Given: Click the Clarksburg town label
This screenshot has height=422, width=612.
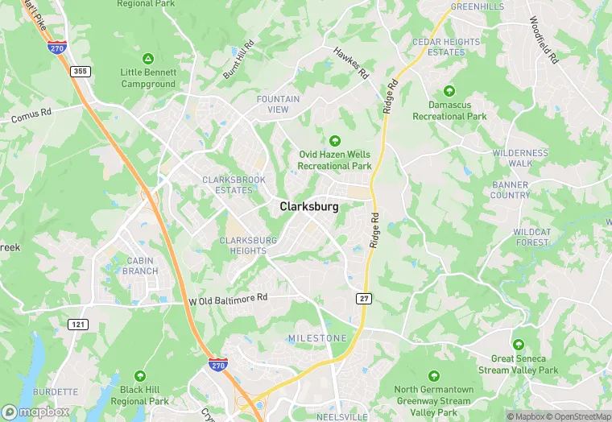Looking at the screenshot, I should [309, 207].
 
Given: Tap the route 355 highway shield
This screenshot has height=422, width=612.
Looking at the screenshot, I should [81, 72].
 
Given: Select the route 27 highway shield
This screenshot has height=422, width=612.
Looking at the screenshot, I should [363, 299].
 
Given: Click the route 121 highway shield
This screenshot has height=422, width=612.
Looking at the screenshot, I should [78, 325].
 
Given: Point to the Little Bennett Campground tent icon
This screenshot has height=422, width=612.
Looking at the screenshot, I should [148, 59].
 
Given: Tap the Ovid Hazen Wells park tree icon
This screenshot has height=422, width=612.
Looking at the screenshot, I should [335, 141].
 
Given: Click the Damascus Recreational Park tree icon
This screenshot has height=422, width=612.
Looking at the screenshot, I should [449, 91].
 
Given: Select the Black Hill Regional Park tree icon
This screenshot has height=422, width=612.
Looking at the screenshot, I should [140, 376].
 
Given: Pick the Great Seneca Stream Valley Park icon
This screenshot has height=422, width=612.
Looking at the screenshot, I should [518, 345].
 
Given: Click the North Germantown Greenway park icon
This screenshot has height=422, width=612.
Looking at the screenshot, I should [433, 376].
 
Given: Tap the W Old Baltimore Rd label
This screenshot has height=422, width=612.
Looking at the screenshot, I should [227, 299].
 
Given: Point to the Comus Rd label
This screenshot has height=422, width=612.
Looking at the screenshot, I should [31, 116].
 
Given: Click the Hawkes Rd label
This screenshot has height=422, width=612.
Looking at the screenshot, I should [351, 63].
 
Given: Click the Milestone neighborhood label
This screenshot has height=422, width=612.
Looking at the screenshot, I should [317, 338].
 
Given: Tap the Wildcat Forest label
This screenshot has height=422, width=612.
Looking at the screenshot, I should [531, 237].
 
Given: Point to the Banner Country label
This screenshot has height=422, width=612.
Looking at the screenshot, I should [510, 190].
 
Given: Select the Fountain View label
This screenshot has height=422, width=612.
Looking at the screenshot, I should [278, 104].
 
